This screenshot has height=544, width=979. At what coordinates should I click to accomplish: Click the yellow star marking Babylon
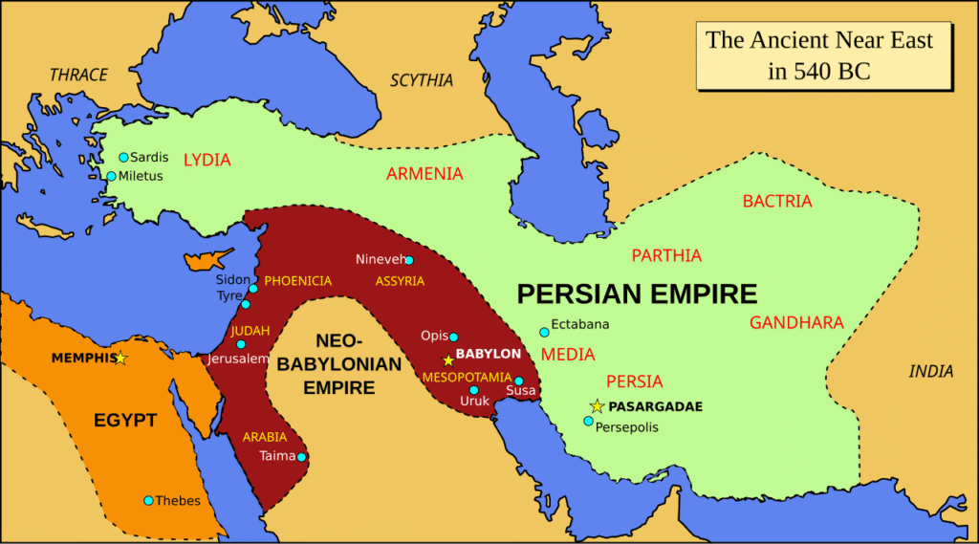(x=447, y=360)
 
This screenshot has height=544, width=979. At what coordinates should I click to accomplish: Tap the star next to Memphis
(x=120, y=359)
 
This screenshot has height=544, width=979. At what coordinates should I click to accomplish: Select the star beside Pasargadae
(x=597, y=406)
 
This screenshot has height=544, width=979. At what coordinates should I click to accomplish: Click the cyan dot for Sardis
(x=123, y=157)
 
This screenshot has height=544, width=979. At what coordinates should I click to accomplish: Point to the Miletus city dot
(x=111, y=176)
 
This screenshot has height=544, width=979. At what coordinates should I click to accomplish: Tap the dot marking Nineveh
(x=409, y=260)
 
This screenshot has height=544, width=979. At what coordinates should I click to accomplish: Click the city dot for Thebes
(x=148, y=500)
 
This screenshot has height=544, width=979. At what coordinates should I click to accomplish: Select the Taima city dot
(x=301, y=457)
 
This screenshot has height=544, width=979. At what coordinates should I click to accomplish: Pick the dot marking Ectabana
(x=544, y=332)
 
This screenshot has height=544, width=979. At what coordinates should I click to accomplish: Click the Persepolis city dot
(x=588, y=421)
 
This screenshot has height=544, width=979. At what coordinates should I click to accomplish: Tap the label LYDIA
(x=207, y=160)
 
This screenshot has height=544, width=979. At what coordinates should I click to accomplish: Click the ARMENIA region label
(x=424, y=174)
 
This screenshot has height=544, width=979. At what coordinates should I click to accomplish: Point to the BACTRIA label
(x=777, y=202)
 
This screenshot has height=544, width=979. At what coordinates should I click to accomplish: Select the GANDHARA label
(x=796, y=322)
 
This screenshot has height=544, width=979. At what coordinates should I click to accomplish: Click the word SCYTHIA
(x=422, y=80)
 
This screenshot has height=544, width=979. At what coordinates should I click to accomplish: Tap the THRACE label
(x=78, y=75)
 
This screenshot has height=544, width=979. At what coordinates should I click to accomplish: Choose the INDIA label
(x=931, y=371)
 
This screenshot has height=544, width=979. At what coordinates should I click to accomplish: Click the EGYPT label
(x=125, y=421)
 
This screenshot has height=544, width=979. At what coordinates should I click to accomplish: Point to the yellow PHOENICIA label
(x=298, y=281)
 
